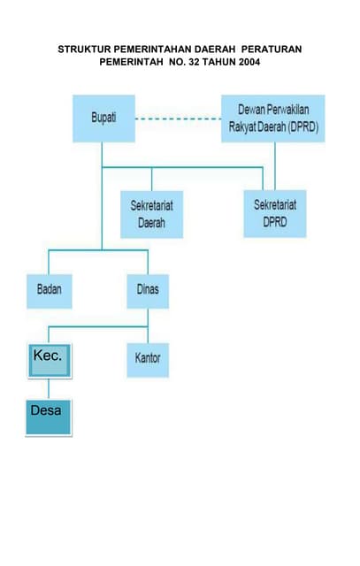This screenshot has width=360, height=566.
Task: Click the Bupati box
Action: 104,119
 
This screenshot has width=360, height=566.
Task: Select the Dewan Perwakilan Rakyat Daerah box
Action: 273,119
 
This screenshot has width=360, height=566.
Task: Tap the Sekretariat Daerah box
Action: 151,214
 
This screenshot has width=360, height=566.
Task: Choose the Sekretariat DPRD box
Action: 275,214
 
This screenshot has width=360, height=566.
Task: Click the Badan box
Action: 50,291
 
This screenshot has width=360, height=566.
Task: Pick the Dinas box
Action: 148,291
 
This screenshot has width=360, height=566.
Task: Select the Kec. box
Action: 50,361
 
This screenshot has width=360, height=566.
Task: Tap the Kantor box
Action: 148,360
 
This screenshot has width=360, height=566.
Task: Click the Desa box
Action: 49,417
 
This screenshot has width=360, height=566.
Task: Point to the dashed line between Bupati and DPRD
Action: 179,119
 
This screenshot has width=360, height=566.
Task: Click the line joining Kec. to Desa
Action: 49,389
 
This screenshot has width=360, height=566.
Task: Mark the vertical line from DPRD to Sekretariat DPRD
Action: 275,166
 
